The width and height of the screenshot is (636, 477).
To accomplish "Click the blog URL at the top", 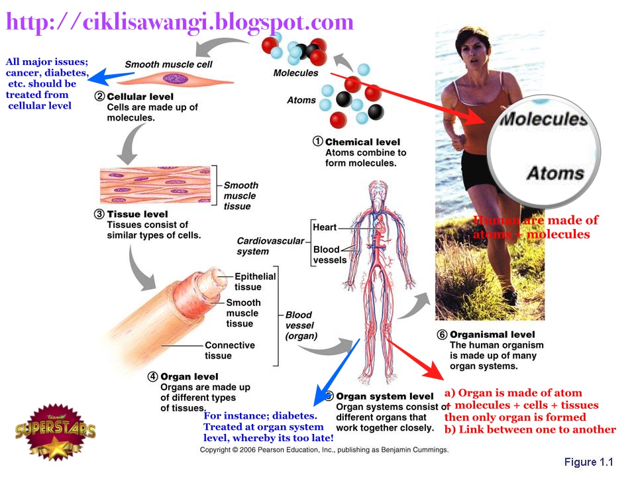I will click(180, 22).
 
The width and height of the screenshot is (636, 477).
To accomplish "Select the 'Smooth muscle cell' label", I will click(169, 64).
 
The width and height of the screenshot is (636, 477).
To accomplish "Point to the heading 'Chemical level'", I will click(362, 142).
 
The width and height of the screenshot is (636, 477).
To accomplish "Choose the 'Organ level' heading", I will click(189, 377).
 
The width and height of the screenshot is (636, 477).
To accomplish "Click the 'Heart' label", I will click(325, 227).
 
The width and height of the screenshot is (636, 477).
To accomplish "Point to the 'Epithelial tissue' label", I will click(255, 282).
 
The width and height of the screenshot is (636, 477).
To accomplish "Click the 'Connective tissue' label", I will click(230, 350).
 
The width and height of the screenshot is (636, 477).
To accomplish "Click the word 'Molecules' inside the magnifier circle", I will click(543, 120).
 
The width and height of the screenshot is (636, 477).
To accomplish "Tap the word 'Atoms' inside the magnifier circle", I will click(555, 174).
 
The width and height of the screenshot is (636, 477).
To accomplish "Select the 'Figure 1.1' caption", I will click(590, 462).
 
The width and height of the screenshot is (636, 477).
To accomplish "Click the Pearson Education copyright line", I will click(325, 450).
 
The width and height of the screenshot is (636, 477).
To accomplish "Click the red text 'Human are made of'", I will click(536, 221).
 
